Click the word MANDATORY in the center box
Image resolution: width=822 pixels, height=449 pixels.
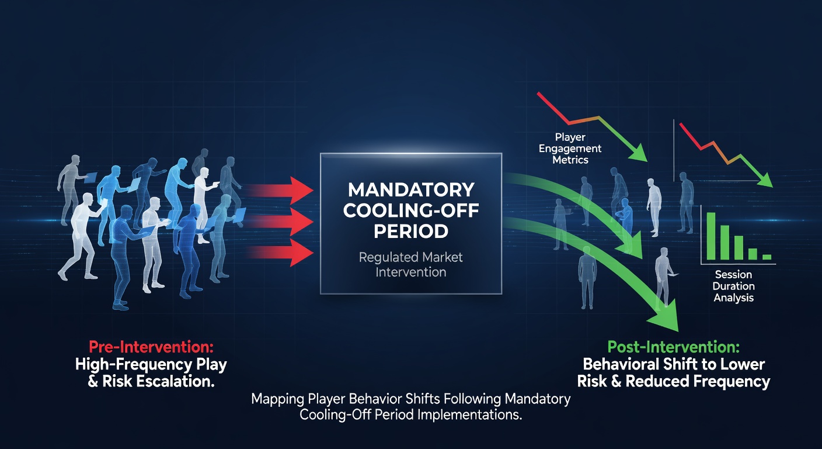click(411, 190)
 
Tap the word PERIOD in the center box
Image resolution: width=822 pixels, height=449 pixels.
click(411, 232)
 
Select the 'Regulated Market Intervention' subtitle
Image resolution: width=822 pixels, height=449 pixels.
click(410, 265)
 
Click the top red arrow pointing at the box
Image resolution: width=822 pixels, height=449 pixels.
click(280, 191)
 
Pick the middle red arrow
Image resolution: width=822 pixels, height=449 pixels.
click(280, 222)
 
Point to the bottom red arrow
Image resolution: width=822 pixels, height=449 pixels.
click(280, 253)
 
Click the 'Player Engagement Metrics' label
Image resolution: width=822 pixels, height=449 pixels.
click(570, 148)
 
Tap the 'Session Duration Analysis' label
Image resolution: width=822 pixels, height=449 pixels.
click(734, 286)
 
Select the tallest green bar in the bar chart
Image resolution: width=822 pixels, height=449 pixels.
click(711, 236)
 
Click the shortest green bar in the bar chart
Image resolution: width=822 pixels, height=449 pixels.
click(767, 257)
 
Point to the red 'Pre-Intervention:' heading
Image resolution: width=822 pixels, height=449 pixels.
click(151, 347)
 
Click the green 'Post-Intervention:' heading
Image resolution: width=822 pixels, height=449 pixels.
click(673, 347)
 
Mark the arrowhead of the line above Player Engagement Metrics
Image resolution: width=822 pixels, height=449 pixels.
click(639, 153)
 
